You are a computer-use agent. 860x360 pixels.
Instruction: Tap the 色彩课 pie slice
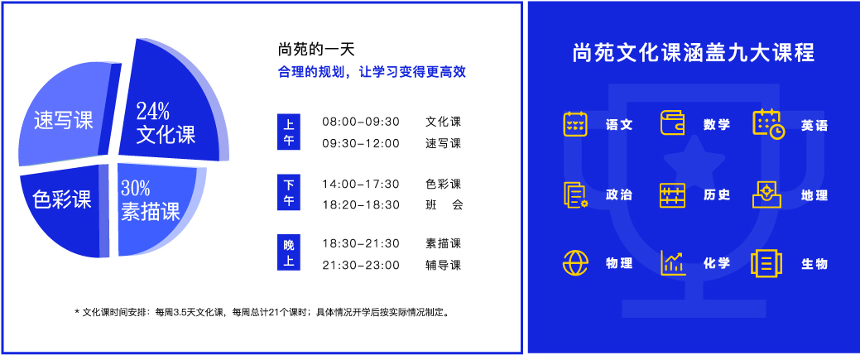pos(63,211)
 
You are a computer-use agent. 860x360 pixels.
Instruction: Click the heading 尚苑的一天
pos(316,50)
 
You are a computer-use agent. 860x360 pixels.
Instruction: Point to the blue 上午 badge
pos(289,132)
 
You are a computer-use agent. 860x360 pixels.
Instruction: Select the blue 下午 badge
pos(289,193)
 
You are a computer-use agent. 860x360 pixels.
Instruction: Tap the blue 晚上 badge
pos(289,253)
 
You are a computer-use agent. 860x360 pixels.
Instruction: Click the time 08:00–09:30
pos(361,122)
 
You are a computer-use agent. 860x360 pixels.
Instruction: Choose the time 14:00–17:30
pos(361,184)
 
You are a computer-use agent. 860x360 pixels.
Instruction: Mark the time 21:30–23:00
pos(361,266)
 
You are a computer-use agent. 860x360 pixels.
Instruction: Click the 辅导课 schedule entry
pos(443,266)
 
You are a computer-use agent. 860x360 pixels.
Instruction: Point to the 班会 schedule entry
pos(444,205)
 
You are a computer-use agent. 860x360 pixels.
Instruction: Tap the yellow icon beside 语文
pos(575,124)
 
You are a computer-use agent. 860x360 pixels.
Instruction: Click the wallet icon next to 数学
pos(672,123)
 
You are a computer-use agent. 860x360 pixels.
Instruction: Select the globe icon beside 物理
pos(575,263)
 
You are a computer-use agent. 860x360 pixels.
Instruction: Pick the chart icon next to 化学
pos(672,263)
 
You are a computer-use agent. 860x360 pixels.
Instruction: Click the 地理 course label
pos(814,195)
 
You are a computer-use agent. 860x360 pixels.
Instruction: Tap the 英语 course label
pos(814,126)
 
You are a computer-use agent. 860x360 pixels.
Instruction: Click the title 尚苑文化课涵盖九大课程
pos(694,53)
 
